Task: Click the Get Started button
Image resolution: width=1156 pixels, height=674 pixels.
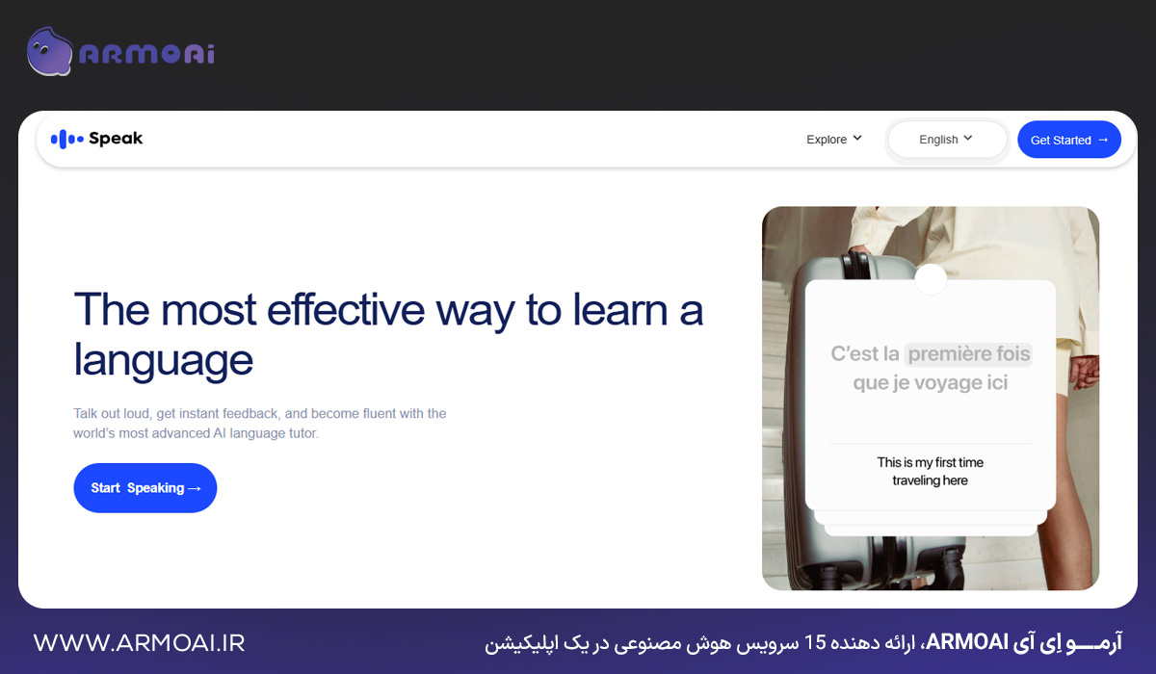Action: (1068, 140)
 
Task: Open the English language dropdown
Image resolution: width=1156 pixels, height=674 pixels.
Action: (946, 140)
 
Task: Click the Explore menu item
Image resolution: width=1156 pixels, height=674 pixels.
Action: (834, 140)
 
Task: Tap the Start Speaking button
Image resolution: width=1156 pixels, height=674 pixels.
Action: (145, 487)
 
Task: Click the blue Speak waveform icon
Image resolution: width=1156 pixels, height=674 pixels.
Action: (67, 139)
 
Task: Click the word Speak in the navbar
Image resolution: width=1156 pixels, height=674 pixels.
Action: (116, 139)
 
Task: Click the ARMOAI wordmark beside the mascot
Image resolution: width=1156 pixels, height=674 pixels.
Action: (147, 54)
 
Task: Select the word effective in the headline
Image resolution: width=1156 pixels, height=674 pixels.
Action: (346, 310)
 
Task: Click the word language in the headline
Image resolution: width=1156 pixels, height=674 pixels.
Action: (163, 360)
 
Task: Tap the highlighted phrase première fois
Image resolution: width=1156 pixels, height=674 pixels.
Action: (969, 353)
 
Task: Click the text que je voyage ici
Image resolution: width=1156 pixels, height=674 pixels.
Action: (930, 382)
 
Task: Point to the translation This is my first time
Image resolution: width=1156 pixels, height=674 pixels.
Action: (930, 462)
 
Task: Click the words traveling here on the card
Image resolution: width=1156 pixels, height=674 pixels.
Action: (930, 480)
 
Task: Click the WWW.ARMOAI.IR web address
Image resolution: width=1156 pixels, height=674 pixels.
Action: (140, 642)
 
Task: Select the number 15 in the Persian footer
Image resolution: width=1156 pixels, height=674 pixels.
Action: (815, 642)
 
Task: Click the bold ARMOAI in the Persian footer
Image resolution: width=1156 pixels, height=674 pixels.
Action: (967, 642)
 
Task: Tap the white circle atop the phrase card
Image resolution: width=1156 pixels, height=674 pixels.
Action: (931, 279)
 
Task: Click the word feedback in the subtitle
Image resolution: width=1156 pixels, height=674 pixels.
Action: (250, 414)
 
